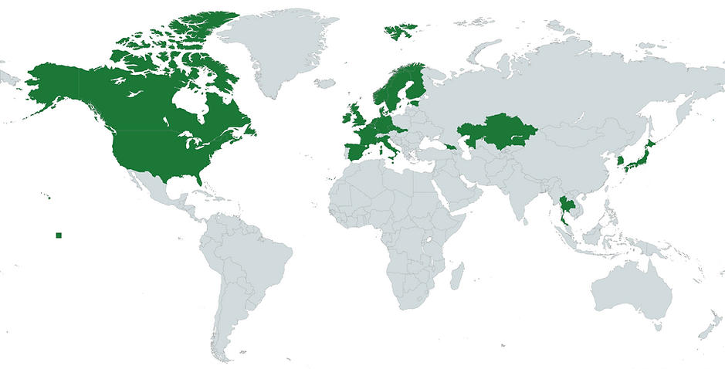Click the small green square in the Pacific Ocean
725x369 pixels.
pyautogui.click(x=58, y=235)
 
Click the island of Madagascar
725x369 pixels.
pyautogui.click(x=456, y=276)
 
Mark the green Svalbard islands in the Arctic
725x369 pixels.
pyautogui.click(x=399, y=32)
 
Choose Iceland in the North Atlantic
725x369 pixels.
pyautogui.click(x=327, y=83)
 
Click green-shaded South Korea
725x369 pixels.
pyautogui.click(x=620, y=164)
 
